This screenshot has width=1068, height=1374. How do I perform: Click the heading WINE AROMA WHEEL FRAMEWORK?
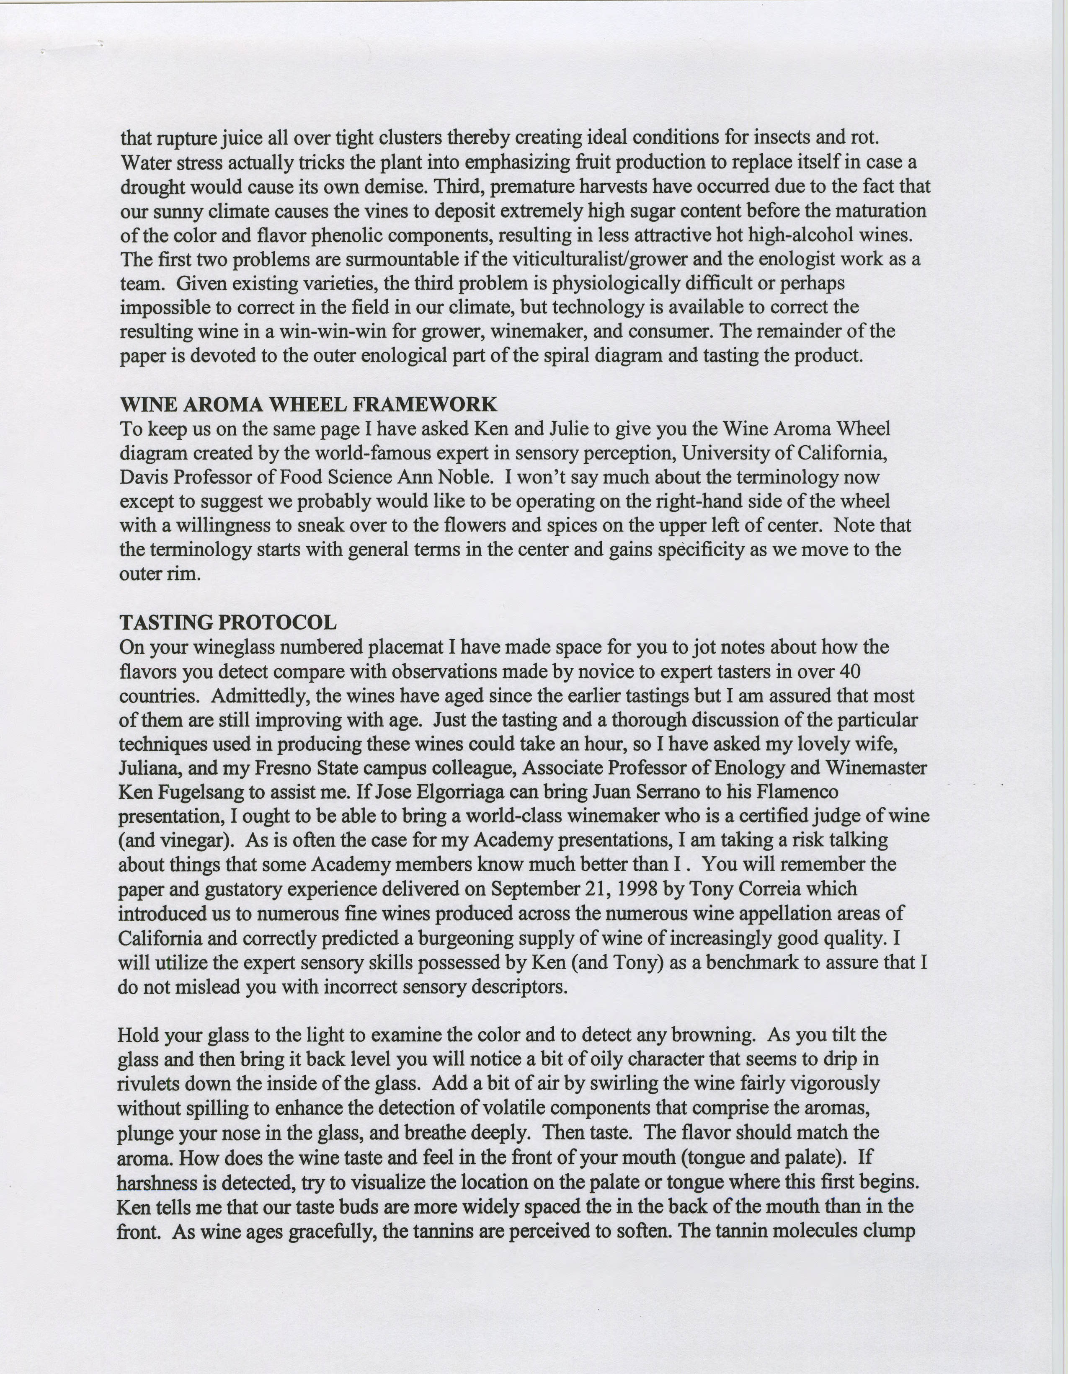(308, 404)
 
